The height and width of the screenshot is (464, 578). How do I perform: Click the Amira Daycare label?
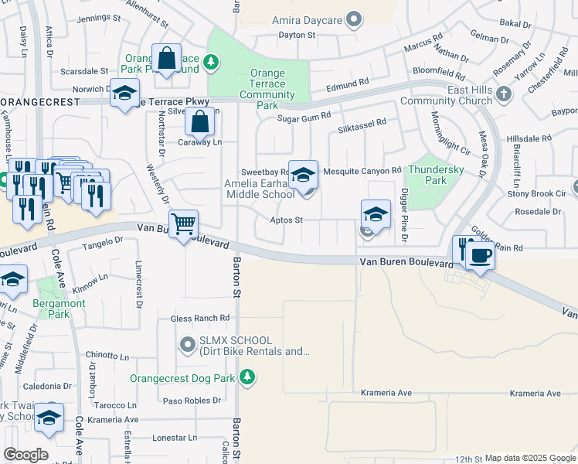point(306,19)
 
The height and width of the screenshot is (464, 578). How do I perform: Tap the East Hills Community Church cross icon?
point(503,94)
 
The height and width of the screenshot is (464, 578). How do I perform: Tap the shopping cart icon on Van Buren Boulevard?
point(184,223)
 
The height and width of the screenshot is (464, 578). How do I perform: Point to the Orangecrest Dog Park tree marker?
point(246,377)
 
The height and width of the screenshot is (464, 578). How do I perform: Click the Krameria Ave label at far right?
point(535,394)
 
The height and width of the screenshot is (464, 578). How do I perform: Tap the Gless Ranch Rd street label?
point(200,318)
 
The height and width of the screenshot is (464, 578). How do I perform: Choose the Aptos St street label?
point(286,220)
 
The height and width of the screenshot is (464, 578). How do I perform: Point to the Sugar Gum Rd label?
point(300,118)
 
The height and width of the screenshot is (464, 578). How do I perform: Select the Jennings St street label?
point(100,17)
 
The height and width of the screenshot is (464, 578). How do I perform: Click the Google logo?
point(25,455)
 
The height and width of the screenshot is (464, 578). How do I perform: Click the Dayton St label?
point(297,35)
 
